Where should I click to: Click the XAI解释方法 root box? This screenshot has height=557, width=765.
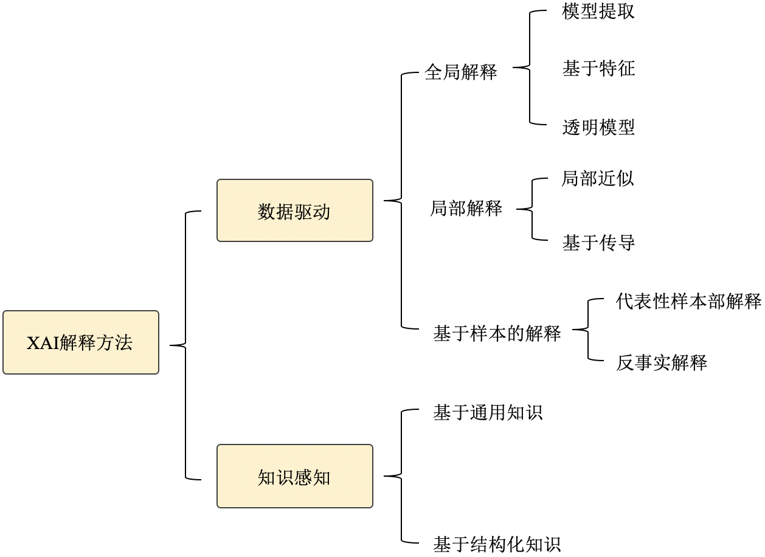(80, 342)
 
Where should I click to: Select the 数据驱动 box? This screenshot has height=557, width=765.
(294, 210)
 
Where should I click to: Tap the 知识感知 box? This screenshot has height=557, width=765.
(294, 476)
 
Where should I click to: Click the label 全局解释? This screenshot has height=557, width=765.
(460, 72)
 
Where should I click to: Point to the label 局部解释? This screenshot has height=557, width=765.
(466, 209)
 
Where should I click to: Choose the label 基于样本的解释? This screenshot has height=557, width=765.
(496, 333)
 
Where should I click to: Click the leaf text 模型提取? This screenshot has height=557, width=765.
(598, 12)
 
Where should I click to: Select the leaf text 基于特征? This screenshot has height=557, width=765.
(598, 68)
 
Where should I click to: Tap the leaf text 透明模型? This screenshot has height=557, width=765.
(598, 127)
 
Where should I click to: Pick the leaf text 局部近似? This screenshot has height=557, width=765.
(597, 179)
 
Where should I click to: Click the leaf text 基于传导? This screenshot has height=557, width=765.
(598, 243)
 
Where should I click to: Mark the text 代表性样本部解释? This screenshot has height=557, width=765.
(688, 301)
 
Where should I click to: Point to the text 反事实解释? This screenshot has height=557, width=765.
(661, 363)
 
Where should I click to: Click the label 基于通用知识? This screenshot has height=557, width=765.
(487, 413)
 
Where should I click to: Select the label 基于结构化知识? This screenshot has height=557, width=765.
(496, 544)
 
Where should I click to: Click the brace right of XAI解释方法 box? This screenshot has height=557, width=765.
(185, 345)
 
